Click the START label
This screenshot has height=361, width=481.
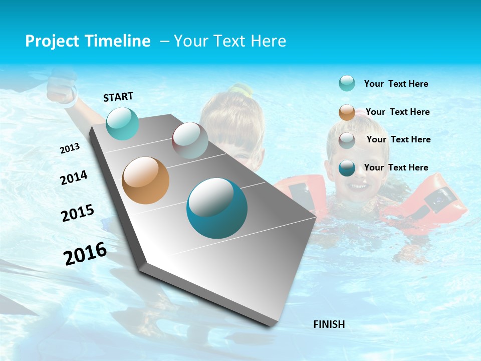(118, 97)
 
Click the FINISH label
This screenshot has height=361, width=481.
(329, 324)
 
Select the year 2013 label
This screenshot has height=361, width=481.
(70, 148)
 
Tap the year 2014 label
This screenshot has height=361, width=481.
(74, 177)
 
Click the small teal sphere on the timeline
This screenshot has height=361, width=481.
(122, 123)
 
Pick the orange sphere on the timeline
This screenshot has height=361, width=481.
(145, 180)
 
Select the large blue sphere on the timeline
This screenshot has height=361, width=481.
(217, 208)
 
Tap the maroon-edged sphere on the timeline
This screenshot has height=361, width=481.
(190, 140)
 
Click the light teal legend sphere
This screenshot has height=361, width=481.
(347, 84)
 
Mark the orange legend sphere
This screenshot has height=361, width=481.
(347, 112)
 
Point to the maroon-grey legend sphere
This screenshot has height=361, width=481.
(347, 140)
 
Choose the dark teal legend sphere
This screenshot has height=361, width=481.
(347, 168)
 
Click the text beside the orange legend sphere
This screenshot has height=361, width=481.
(398, 112)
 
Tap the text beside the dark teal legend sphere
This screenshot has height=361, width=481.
(396, 167)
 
